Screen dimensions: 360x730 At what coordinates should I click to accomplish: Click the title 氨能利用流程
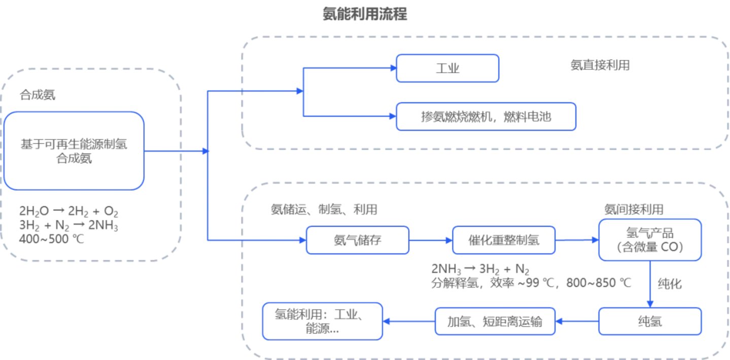(x=365, y=14)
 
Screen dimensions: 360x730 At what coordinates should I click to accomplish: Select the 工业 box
(x=447, y=68)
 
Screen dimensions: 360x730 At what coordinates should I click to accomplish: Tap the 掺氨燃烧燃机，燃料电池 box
(x=485, y=117)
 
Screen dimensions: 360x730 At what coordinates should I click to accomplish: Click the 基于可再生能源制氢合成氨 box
(x=74, y=151)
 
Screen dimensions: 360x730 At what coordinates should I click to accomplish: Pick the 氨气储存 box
(x=357, y=240)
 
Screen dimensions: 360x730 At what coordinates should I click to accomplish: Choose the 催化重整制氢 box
(x=504, y=240)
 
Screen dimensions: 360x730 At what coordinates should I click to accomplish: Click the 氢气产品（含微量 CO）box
(x=650, y=240)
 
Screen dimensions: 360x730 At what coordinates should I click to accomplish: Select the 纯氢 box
(x=650, y=321)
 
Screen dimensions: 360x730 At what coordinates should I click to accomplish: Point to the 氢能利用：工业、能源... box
(x=322, y=321)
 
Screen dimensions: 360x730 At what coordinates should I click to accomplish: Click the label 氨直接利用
(x=600, y=65)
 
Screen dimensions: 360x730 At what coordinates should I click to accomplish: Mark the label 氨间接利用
(x=634, y=209)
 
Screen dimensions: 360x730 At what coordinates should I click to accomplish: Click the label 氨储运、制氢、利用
(x=324, y=209)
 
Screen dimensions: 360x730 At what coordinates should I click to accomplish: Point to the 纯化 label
(x=670, y=283)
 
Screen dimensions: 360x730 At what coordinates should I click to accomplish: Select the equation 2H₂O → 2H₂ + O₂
(x=69, y=211)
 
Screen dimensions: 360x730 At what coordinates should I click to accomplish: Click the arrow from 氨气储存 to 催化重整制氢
(x=430, y=240)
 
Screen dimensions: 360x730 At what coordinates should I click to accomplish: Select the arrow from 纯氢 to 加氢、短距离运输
(x=577, y=321)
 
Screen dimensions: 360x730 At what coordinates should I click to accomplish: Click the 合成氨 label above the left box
(x=37, y=95)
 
